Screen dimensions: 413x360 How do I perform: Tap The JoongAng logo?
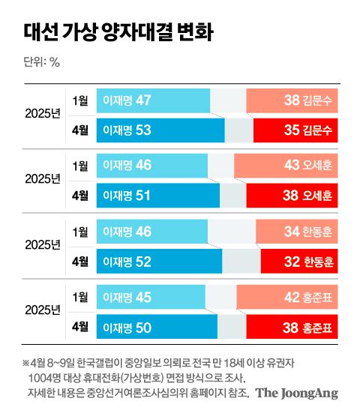coord(298,392)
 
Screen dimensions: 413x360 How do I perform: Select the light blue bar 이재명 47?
coord(153,100)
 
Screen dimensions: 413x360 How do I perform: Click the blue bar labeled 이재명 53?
coord(160,130)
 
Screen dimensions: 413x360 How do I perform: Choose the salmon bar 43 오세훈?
coord(286,165)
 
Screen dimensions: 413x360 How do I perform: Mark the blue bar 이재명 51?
coord(157,195)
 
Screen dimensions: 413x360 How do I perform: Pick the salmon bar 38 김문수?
coord(292,100)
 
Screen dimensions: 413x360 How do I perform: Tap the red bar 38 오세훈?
coord(292,195)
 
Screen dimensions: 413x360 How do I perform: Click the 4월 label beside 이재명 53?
coord(79,130)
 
